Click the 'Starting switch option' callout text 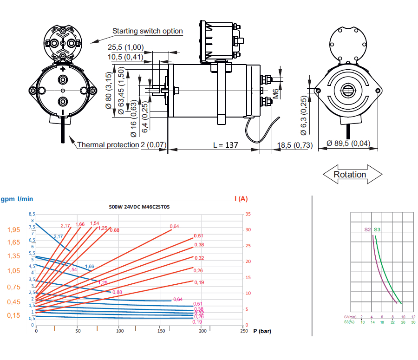[x=148, y=31]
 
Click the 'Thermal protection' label [x=108, y=144]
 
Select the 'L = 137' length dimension [x=225, y=145]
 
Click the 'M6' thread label [x=275, y=93]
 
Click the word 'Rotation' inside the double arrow [x=350, y=175]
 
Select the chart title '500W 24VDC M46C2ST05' [x=139, y=207]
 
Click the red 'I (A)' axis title [x=241, y=198]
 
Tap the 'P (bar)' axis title [x=262, y=331]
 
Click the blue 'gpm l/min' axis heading [x=17, y=199]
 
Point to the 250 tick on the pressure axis [x=243, y=331]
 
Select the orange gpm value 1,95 [x=13, y=230]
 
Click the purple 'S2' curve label [x=367, y=229]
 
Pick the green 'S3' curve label [x=377, y=229]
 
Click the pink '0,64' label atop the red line [x=174, y=226]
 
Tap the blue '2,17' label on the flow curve [x=58, y=236]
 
